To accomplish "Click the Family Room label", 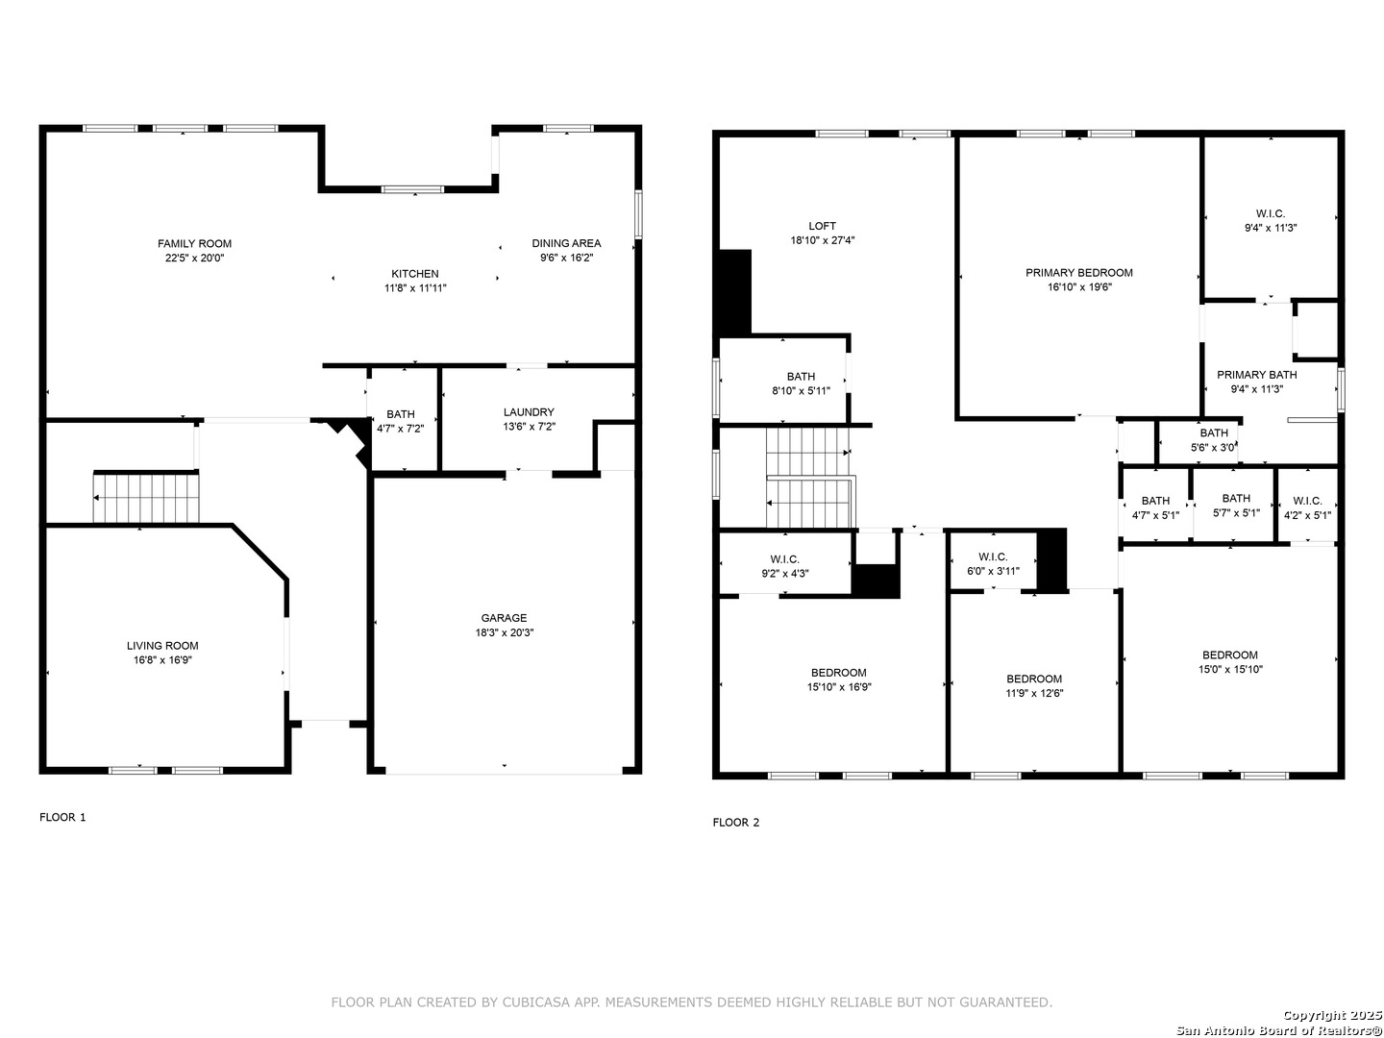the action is (x=194, y=244).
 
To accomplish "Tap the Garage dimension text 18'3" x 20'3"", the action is (x=505, y=632).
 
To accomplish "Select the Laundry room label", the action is (x=529, y=412).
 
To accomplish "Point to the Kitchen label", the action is (x=415, y=274).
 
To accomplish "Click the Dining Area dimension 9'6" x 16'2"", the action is (x=566, y=258).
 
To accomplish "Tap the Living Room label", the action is (x=162, y=646).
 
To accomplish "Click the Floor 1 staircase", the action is (x=146, y=498).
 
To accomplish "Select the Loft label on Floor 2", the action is (x=822, y=226).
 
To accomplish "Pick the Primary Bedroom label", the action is (x=1078, y=273).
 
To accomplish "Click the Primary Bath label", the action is (x=1256, y=375).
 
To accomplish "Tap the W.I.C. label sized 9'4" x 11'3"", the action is (x=1270, y=213).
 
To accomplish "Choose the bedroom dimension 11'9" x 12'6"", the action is (x=1034, y=693).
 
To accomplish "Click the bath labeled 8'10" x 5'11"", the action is (x=801, y=376).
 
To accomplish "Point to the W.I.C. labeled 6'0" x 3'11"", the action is (x=993, y=557).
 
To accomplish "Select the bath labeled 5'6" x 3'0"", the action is (x=1214, y=432).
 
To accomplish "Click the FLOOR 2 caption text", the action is (x=736, y=823).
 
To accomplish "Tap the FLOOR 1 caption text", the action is (x=62, y=817).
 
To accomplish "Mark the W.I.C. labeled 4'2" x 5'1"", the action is (x=1307, y=501).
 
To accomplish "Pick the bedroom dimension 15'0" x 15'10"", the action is (x=1230, y=669).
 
